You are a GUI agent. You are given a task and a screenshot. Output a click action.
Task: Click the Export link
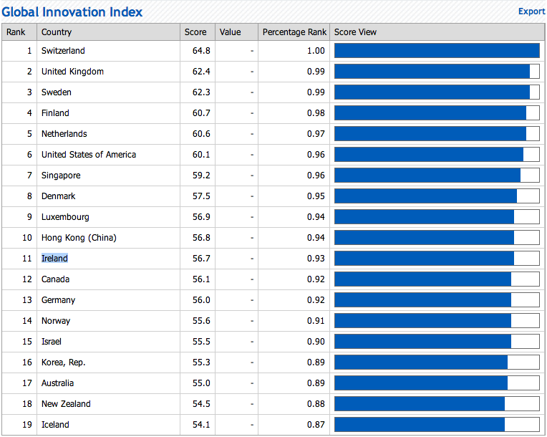tap(531, 11)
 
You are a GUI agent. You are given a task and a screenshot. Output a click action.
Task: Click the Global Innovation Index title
tap(72, 12)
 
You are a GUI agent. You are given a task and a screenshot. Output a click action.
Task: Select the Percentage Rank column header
tap(294, 32)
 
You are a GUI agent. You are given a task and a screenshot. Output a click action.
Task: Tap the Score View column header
tap(355, 32)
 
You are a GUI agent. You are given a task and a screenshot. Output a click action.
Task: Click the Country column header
tap(57, 32)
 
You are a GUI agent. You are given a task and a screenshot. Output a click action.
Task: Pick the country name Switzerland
tap(63, 51)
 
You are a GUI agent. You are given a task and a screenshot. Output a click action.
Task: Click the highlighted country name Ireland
tap(54, 259)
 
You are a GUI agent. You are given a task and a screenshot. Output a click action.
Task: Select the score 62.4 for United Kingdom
tap(201, 72)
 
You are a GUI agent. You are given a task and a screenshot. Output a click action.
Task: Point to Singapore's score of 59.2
tap(201, 176)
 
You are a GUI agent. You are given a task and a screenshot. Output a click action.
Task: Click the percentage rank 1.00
tap(316, 51)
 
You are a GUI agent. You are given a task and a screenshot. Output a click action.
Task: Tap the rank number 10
tap(27, 238)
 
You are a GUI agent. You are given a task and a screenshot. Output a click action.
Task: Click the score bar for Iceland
tap(420, 424)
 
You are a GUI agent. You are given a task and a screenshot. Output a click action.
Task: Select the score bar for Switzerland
tap(437, 51)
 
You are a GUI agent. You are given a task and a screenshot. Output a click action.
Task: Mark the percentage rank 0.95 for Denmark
tap(316, 196)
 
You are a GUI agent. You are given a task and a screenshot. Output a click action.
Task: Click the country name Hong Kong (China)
tap(79, 238)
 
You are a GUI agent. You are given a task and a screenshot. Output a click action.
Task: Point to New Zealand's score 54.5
tap(201, 404)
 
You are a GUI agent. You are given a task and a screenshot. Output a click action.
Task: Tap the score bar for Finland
tap(430, 113)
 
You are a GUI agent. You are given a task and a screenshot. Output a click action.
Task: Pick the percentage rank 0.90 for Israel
tap(316, 342)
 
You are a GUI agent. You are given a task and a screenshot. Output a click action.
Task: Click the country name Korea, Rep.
tap(64, 362)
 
